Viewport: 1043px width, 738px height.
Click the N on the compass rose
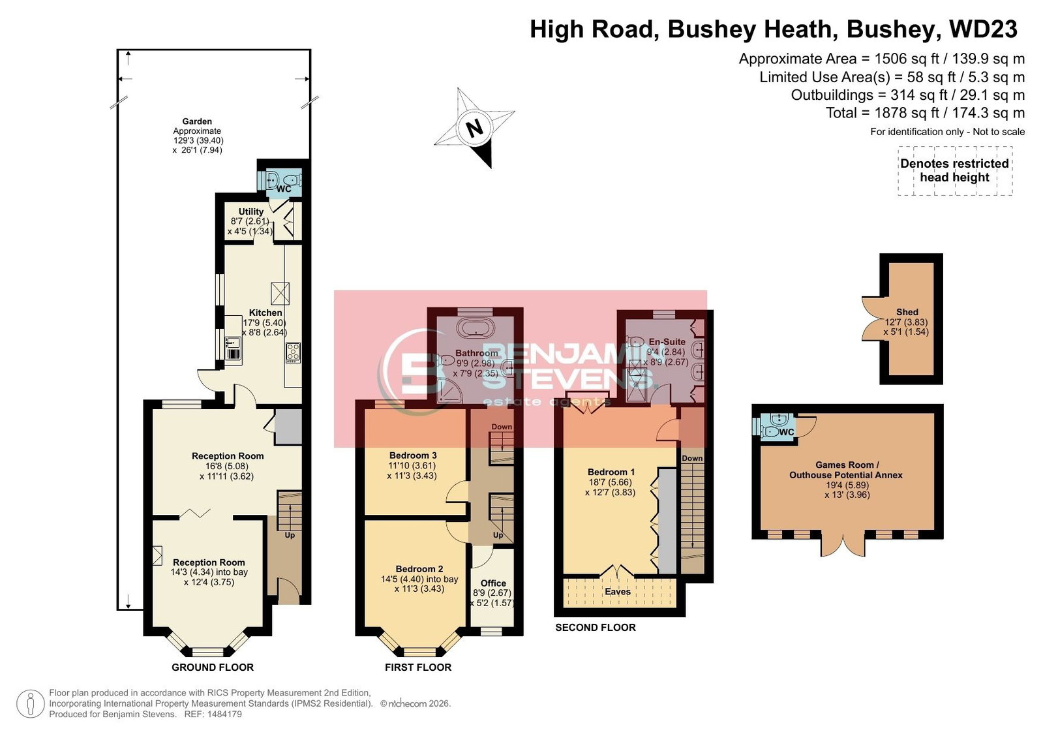tap(474, 128)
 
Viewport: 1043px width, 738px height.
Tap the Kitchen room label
tap(265, 313)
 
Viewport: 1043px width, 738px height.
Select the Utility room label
tap(251, 211)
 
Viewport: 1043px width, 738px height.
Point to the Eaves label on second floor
tap(618, 592)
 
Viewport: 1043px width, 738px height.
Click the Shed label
tap(907, 312)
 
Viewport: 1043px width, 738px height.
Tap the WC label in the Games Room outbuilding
tap(787, 433)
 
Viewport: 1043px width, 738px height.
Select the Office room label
tap(493, 583)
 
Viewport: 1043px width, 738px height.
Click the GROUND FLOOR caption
tap(213, 667)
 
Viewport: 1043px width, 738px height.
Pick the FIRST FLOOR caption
tap(418, 667)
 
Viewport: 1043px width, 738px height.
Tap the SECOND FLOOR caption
tap(596, 628)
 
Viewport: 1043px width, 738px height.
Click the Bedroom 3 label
tap(413, 455)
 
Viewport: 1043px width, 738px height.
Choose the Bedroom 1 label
tap(611, 472)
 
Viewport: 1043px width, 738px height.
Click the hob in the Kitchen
tap(294, 353)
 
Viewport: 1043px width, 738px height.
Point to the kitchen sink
tap(233, 343)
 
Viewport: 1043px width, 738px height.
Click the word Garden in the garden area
tap(197, 121)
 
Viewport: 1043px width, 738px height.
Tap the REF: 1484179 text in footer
tap(213, 715)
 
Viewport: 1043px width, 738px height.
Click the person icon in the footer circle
tap(31, 704)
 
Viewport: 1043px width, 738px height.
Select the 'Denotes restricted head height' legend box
tap(955, 170)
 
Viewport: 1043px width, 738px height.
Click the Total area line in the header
tap(925, 113)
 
